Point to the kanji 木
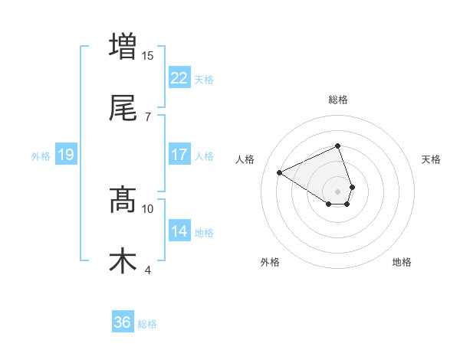[123, 260]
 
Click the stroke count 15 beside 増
[148, 55]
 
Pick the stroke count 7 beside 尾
[148, 116]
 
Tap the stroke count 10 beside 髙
[148, 208]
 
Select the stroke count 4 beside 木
[148, 270]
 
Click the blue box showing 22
[179, 77]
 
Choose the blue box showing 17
[179, 155]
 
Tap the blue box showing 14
[179, 231]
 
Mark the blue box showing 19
[65, 155]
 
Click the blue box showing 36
[122, 322]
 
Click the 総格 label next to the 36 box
[147, 324]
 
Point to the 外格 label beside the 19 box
[41, 155]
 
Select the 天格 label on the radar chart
[432, 159]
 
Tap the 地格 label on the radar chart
[402, 262]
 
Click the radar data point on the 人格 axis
[279, 172]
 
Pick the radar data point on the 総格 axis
[337, 146]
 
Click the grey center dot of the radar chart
[337, 191]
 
